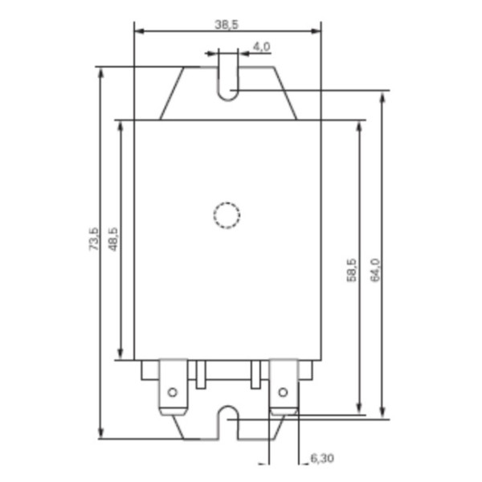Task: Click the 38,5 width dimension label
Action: [x=227, y=25]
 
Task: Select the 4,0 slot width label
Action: [x=261, y=47]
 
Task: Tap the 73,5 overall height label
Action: [x=94, y=240]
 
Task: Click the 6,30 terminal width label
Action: [x=321, y=458]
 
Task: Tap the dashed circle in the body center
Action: [x=227, y=215]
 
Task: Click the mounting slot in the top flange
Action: [x=227, y=80]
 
